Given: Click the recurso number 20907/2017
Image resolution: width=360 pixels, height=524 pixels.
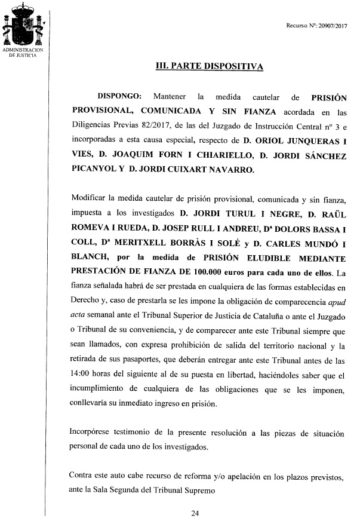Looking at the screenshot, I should [331, 26].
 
